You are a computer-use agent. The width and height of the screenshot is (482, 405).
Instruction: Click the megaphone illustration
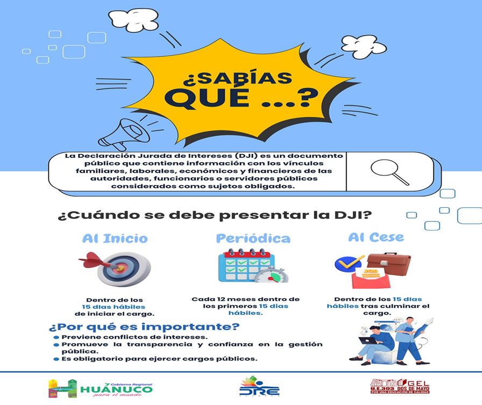(x=127, y=134)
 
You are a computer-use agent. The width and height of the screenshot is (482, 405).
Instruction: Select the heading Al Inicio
(x=115, y=238)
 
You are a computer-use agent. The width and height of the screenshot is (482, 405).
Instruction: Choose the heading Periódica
(x=253, y=238)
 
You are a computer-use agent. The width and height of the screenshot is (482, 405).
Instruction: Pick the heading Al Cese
(x=376, y=237)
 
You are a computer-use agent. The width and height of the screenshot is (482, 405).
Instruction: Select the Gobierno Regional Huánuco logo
(x=100, y=387)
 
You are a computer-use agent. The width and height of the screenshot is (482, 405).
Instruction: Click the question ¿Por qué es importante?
(x=144, y=326)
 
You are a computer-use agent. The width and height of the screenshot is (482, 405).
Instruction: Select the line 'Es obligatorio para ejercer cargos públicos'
(x=159, y=359)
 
